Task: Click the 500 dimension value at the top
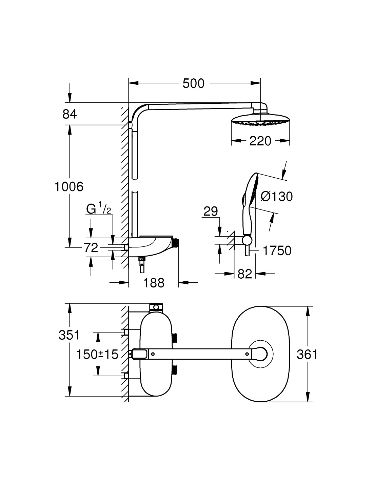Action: point(193,84)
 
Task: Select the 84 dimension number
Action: point(70,115)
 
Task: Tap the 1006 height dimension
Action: point(69,186)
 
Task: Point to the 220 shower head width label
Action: point(260,141)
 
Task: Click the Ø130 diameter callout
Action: point(277,197)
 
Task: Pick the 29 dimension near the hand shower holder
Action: point(211,212)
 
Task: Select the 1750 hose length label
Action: point(277,251)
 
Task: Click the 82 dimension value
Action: point(245,274)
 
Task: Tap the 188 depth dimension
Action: point(154,283)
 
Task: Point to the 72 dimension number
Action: point(91,247)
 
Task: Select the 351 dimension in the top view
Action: point(69,335)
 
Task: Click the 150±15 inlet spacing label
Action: point(97,355)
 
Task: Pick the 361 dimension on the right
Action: point(307,355)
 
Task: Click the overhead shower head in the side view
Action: point(260,119)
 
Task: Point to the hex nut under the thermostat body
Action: point(141,259)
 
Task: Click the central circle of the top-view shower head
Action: point(260,354)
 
